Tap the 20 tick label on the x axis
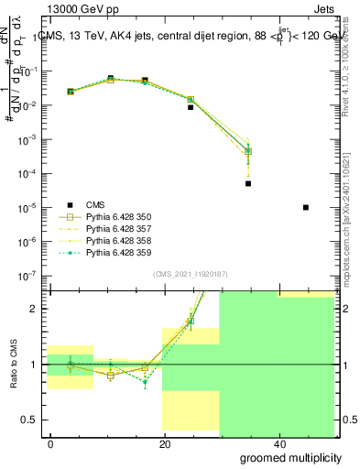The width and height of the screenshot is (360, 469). coord(165,443)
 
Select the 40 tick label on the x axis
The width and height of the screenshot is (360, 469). coord(277,443)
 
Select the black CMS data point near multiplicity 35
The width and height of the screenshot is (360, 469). coord(248,183)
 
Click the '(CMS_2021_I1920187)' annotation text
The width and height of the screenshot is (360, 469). coord(191,273)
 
